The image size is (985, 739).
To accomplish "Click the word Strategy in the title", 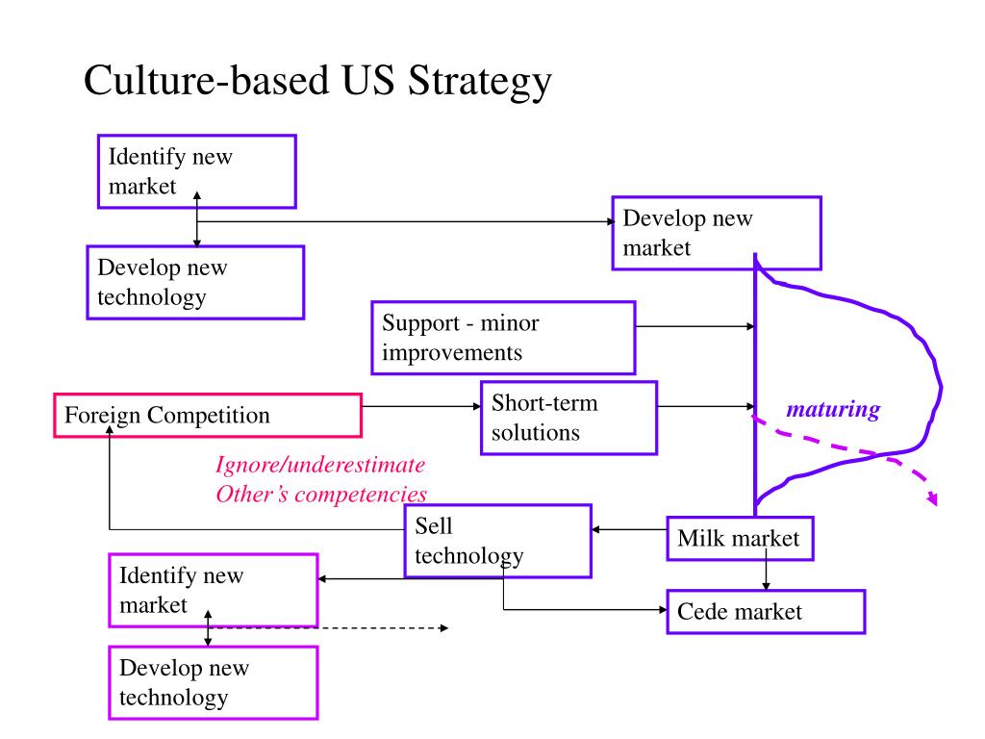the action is click(479, 83).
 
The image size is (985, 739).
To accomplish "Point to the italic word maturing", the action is click(833, 410).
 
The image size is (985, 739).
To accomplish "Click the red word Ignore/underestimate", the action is click(320, 465).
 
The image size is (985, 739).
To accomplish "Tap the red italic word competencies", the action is click(361, 495).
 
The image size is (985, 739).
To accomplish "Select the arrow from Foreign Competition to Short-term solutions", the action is click(421, 407).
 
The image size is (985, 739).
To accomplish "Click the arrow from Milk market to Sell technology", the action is click(629, 530).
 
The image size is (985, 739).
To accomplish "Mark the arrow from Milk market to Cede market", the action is click(766, 569).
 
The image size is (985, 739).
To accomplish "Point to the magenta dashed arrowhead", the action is click(932, 497).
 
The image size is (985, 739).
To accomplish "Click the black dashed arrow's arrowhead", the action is click(444, 627).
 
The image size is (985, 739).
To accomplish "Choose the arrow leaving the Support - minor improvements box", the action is click(695, 327).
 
